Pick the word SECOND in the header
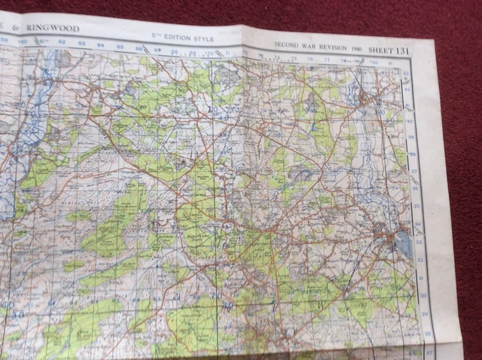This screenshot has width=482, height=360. coord(287,44)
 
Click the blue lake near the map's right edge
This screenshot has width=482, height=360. coord(404,243)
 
